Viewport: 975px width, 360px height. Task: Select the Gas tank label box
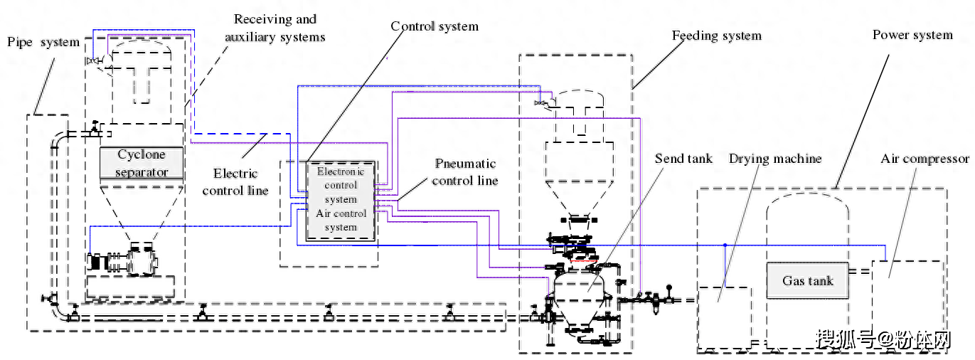tap(808, 280)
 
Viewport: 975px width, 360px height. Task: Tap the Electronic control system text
tap(341, 185)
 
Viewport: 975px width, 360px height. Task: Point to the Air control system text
tap(341, 220)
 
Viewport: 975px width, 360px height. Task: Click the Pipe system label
tap(43, 42)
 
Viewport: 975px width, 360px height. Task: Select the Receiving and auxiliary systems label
tap(275, 28)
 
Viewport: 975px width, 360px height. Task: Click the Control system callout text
tap(435, 26)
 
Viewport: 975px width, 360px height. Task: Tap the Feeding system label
tap(717, 36)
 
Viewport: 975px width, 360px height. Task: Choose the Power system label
tap(912, 35)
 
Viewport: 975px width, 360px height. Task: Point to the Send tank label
tap(683, 158)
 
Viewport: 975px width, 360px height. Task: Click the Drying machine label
tap(775, 158)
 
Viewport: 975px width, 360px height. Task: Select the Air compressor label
tap(925, 158)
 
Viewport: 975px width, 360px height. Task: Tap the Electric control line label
tap(235, 181)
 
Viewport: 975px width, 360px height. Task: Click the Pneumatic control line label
tap(465, 171)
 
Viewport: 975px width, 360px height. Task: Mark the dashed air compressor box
tap(907, 303)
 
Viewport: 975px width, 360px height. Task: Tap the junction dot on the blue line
tap(724, 245)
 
